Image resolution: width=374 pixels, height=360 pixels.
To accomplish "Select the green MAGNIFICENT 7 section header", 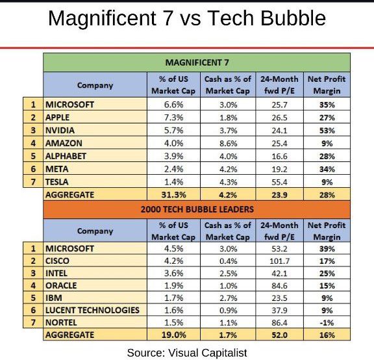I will point(196,62).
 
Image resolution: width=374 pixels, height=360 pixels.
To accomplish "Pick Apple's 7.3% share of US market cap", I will point(173,118).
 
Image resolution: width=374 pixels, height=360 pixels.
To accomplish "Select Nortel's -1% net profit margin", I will point(327,322).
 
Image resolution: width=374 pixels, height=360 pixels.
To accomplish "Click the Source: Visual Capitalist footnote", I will point(187,352).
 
